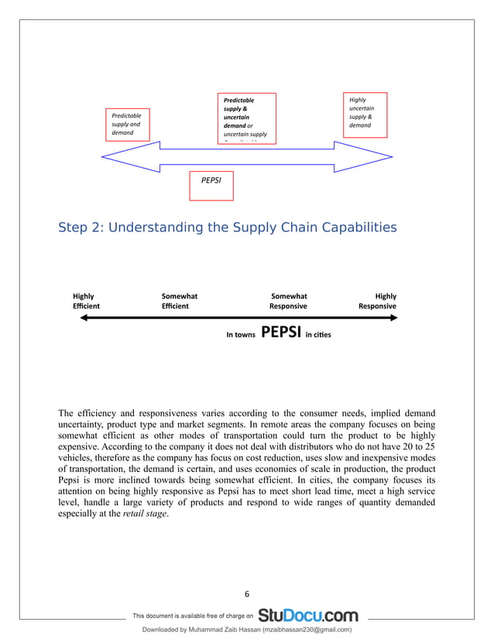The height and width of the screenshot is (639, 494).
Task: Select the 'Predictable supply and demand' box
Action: point(129,124)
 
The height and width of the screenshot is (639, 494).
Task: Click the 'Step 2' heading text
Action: point(228,227)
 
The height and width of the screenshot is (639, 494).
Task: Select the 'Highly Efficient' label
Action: point(86,301)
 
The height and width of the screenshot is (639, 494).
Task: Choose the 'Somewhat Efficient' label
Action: point(179,301)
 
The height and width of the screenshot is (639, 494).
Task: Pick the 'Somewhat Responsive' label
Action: point(289,301)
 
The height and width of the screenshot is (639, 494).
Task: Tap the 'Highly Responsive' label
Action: point(378,301)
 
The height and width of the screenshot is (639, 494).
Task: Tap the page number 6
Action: point(247,594)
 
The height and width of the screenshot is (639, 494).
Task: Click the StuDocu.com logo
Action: point(308,616)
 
